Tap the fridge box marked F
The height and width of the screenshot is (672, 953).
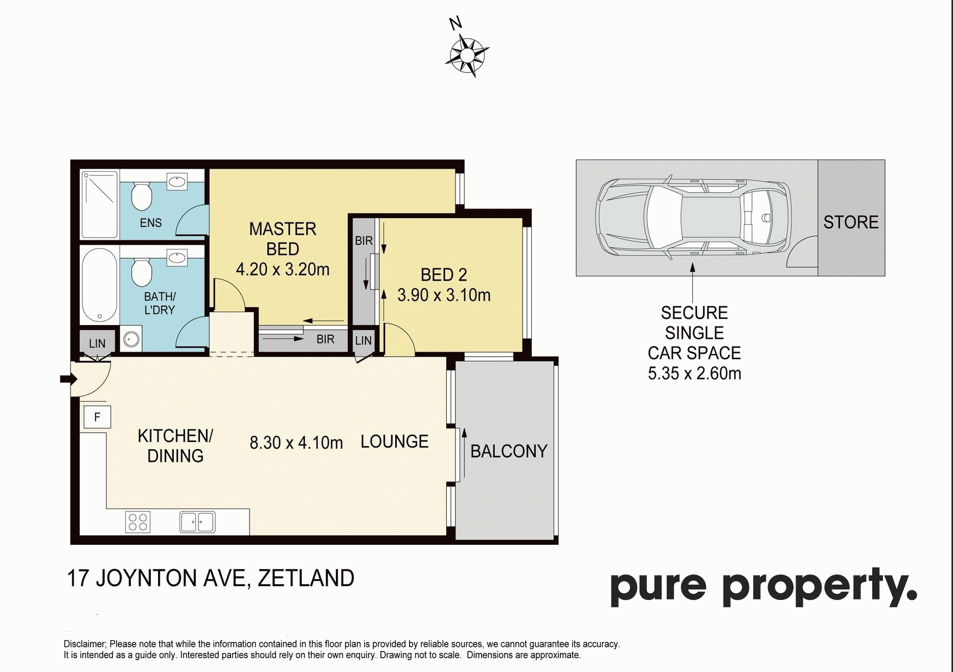[x=97, y=418]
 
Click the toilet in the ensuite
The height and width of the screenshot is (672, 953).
[x=142, y=197]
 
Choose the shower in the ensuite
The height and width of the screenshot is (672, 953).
[x=100, y=204]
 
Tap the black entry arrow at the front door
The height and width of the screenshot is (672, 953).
[x=69, y=379]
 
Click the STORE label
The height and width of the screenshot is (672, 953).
[x=851, y=222]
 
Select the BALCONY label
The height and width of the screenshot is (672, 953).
[x=509, y=451]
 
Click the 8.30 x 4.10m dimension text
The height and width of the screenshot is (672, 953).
[x=296, y=443]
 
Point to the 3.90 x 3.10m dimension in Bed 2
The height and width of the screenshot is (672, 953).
[x=444, y=295]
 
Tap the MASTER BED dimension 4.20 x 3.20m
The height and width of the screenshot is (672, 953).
[x=283, y=269]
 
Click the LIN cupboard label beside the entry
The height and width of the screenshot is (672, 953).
[x=97, y=344]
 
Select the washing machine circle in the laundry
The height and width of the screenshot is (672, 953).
[x=132, y=339]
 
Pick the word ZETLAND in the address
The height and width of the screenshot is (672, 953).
[x=306, y=578]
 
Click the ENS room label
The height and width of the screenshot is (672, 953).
[x=151, y=223]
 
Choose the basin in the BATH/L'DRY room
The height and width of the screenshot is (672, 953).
[x=177, y=258]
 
